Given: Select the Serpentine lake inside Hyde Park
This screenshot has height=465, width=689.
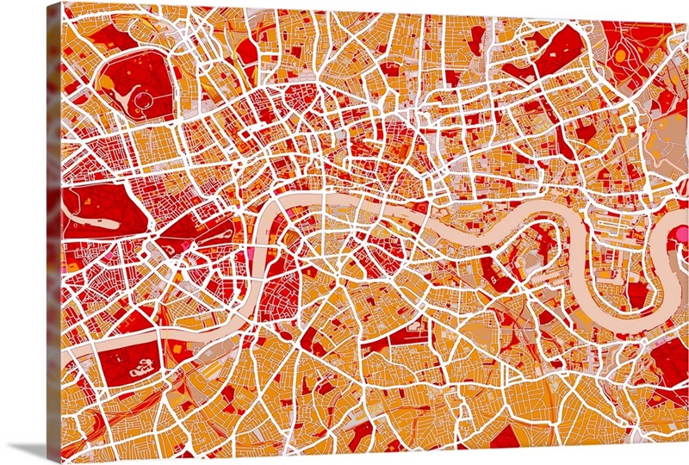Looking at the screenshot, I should (86, 201).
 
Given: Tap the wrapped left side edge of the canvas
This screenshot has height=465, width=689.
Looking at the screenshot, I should (54, 232).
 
